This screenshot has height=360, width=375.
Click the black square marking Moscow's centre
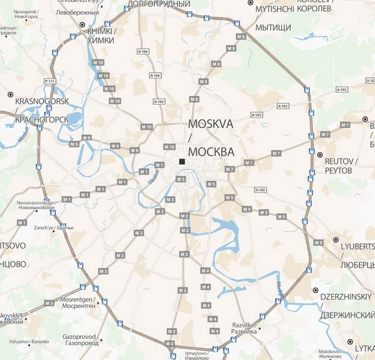[x=182, y=162]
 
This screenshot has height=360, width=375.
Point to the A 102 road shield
[x=261, y=190]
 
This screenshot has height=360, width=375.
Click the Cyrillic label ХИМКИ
[x=98, y=40]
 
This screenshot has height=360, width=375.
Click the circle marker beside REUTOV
[x=320, y=155]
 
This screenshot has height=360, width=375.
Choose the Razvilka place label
[x=244, y=325]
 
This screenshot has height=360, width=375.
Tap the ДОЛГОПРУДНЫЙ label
[x=160, y=4]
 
